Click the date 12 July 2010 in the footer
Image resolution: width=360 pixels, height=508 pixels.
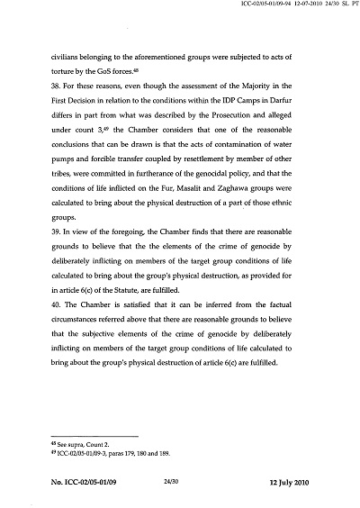pos(279,483)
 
